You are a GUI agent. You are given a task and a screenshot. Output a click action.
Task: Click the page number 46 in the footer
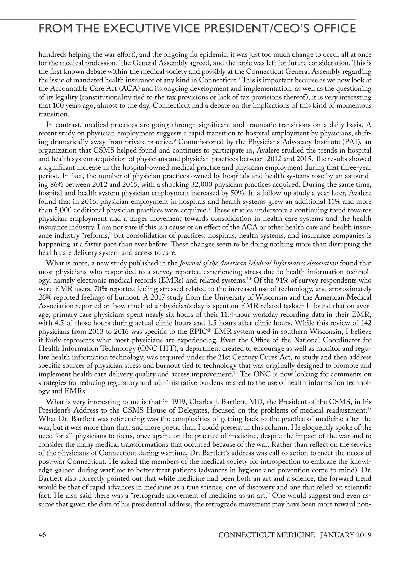coord(43,535)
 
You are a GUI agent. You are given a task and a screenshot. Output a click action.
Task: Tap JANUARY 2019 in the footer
coord(345,535)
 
